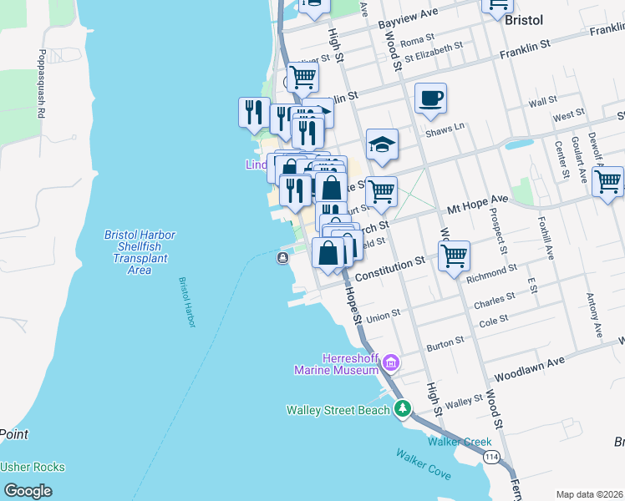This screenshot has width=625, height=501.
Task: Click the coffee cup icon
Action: coord(430,99)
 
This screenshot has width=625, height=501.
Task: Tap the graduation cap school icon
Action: coord(382,144)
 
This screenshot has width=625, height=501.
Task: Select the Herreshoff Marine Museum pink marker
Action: coord(390,363)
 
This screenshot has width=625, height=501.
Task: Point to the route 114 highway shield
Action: coord(492,457)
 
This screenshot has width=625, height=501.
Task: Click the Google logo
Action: coord(28,490)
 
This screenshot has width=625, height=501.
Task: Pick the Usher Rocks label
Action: coord(33,468)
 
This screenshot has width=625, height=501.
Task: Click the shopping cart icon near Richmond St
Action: coord(454,256)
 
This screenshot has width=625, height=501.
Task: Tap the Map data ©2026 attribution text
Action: coord(589,494)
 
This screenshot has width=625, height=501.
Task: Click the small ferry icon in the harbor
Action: coord(283,258)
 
